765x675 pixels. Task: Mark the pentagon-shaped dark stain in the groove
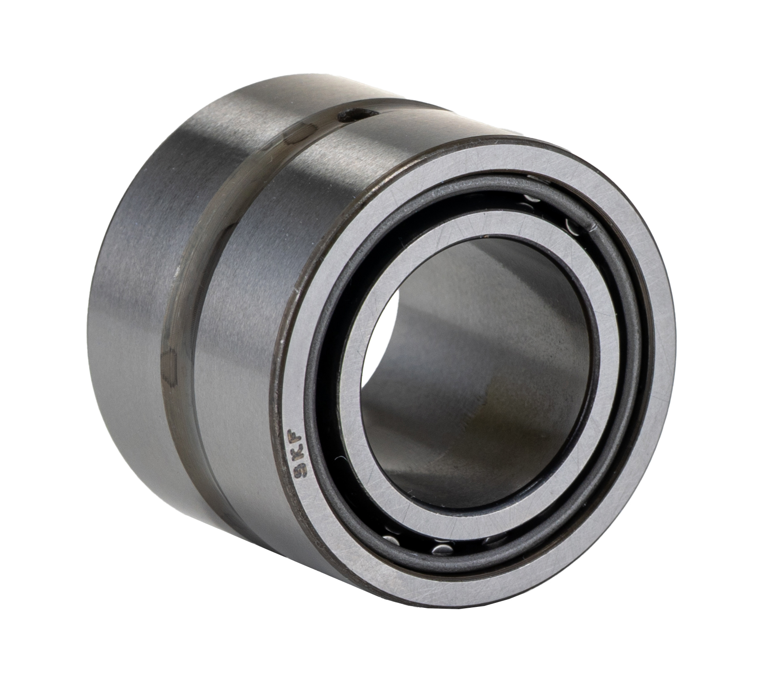(170, 362)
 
